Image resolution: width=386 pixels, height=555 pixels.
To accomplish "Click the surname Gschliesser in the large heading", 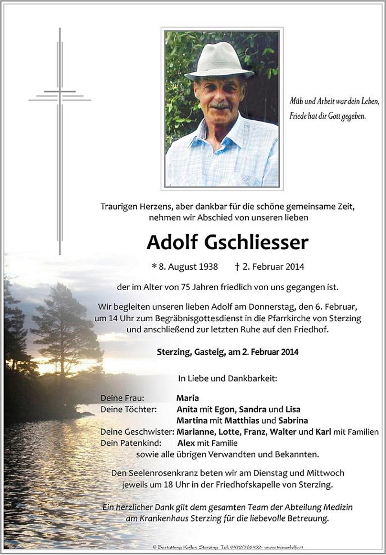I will click(x=256, y=243).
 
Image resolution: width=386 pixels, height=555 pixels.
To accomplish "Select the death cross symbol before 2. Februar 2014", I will click(x=237, y=267).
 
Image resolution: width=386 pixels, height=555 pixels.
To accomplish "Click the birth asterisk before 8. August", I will click(x=154, y=267).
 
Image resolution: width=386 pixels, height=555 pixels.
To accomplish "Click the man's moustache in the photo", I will click(x=221, y=105).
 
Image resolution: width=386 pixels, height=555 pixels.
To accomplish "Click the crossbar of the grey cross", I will click(x=60, y=96).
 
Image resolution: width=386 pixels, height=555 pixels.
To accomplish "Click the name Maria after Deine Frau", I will click(x=187, y=398).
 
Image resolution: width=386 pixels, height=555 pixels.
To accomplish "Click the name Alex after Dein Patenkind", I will click(x=186, y=443).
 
